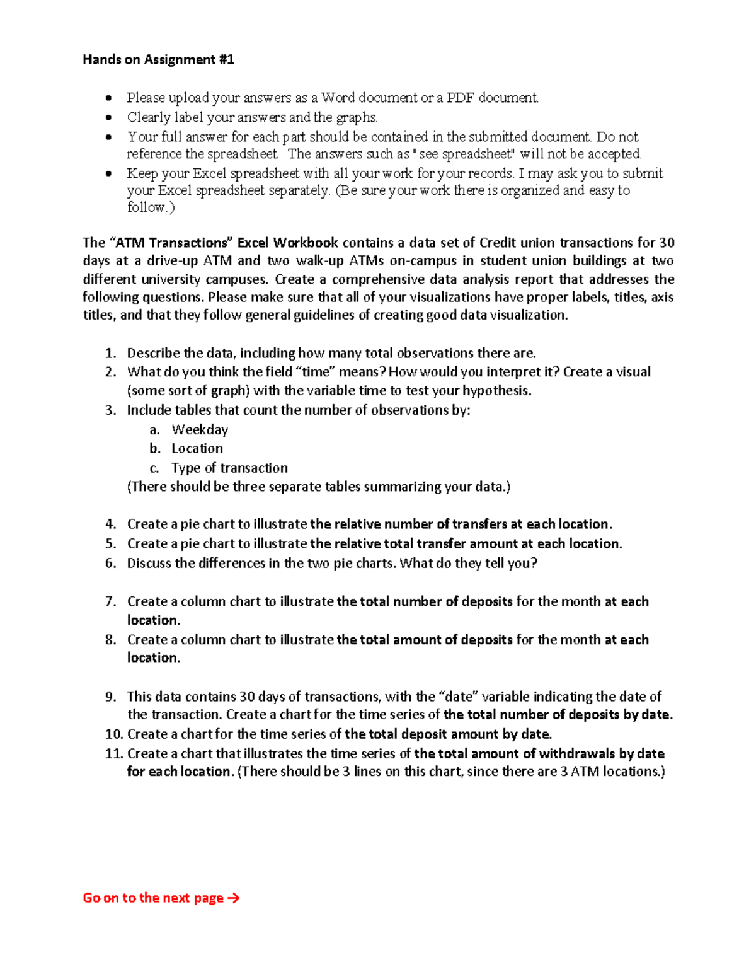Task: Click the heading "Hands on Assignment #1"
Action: point(158,60)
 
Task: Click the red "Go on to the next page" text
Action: point(153,898)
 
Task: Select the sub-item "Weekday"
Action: point(200,429)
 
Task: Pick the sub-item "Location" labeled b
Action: point(197,448)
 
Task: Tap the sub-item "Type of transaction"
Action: point(229,468)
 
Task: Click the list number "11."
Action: point(113,753)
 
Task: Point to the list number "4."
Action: point(111,524)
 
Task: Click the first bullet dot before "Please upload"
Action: point(110,98)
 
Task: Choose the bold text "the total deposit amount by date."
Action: point(448,734)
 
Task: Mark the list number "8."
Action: point(111,640)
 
